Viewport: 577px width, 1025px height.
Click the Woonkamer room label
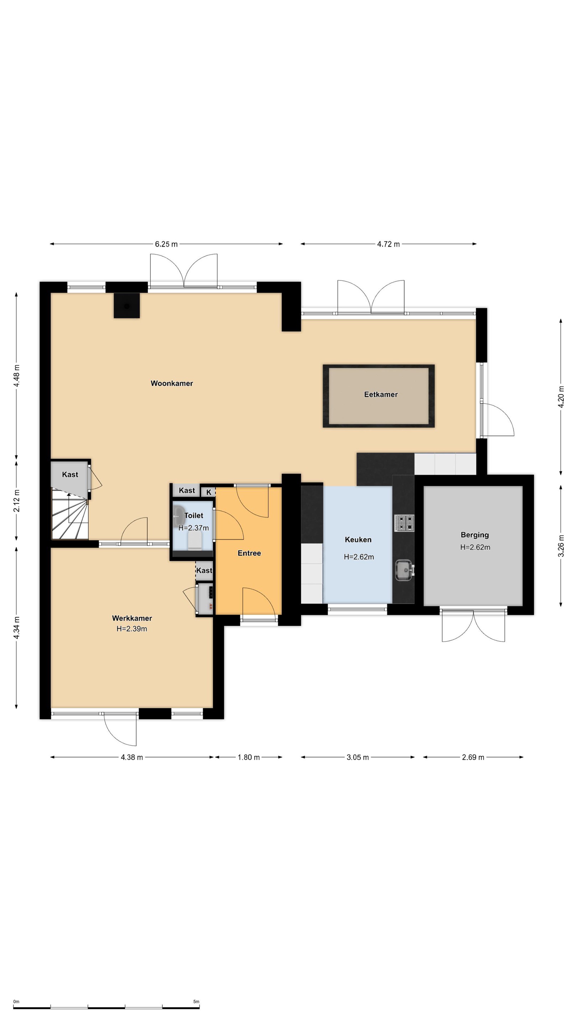pyautogui.click(x=172, y=383)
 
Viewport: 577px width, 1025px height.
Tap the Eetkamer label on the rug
pyautogui.click(x=381, y=394)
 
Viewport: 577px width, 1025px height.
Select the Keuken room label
pyautogui.click(x=358, y=540)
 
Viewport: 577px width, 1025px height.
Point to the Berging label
pyautogui.click(x=475, y=535)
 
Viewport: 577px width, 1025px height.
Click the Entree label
pyautogui.click(x=249, y=553)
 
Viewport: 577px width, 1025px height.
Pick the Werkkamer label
pyautogui.click(x=132, y=618)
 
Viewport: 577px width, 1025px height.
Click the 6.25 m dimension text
pyautogui.click(x=166, y=244)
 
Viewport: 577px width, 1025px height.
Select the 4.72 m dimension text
pyautogui.click(x=388, y=244)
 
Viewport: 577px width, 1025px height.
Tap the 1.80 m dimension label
pyautogui.click(x=249, y=757)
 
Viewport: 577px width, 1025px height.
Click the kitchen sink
pyautogui.click(x=404, y=570)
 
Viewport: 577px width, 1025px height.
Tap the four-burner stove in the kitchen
pyautogui.click(x=404, y=523)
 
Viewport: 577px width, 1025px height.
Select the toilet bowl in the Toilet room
pyautogui.click(x=195, y=541)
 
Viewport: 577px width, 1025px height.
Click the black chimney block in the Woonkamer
pyautogui.click(x=127, y=306)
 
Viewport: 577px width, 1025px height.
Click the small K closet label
pyautogui.click(x=209, y=492)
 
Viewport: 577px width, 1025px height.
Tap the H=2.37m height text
pyautogui.click(x=193, y=528)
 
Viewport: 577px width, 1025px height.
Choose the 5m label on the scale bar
pyautogui.click(x=196, y=1002)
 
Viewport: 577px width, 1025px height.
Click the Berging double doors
pyautogui.click(x=473, y=626)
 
